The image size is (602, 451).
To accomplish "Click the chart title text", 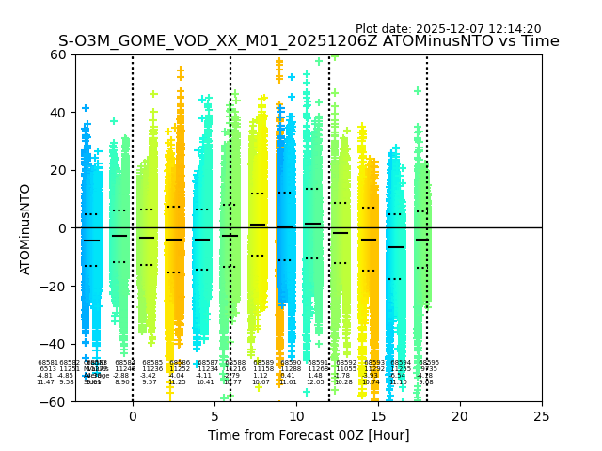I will pyautogui.click(x=309, y=41).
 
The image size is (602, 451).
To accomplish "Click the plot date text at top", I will pyautogui.click(x=448, y=29).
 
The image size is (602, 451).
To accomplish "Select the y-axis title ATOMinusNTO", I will pyautogui.click(x=25, y=228).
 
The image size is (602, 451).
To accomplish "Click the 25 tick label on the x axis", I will pyautogui.click(x=542, y=416).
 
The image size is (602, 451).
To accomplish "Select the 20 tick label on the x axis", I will pyautogui.click(x=460, y=416).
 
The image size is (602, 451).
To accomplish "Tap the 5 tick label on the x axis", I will pyautogui.click(x=214, y=416).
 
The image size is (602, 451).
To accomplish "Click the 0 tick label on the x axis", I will pyautogui.click(x=133, y=416).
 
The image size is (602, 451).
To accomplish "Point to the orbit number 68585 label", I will pyautogui.click(x=152, y=363).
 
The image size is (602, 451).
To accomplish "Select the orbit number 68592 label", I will pyautogui.click(x=346, y=363).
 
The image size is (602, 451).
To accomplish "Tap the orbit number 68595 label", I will pyautogui.click(x=428, y=363).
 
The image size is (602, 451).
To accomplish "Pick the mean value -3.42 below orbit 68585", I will pyautogui.click(x=148, y=376).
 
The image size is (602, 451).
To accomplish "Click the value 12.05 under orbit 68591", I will pyautogui.click(x=314, y=382).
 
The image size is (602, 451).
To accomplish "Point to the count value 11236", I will pyautogui.click(x=152, y=369).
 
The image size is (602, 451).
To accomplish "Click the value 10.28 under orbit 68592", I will pyautogui.click(x=343, y=382).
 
